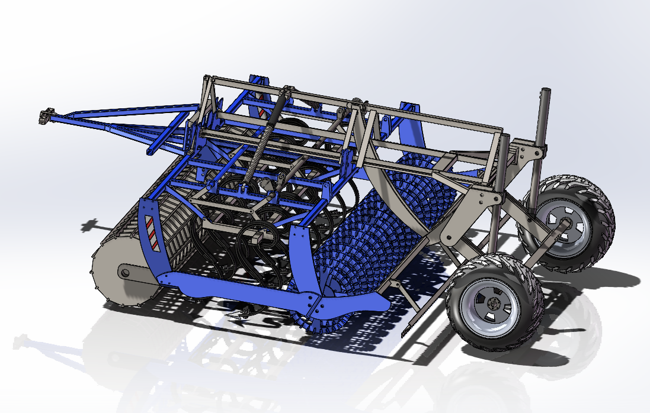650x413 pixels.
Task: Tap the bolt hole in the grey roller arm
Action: tap(124, 273)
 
